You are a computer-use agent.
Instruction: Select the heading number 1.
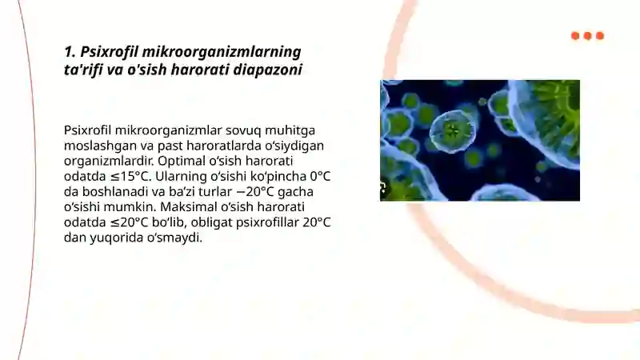click(x=70, y=52)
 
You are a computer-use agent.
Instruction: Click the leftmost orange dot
click(x=575, y=36)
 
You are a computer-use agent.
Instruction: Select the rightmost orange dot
click(x=600, y=36)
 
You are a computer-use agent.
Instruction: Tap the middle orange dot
click(x=587, y=36)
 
